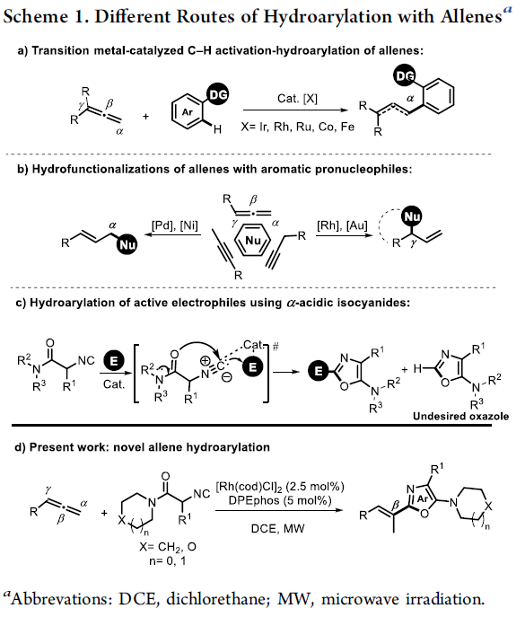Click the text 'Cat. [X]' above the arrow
pos(297,99)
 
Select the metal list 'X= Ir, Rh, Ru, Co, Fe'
pos(298,127)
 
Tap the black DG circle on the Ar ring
pos(218,95)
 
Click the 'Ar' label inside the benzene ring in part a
pos(188,112)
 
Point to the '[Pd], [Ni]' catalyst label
pos(175,225)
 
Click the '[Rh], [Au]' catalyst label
pos(343,225)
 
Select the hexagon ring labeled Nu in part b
pos(252,240)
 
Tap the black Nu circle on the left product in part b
pos(127,245)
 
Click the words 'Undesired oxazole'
pos(460,417)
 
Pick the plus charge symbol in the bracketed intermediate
pos(205,360)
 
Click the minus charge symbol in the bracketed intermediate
pos(227,377)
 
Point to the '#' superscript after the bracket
pos(276,347)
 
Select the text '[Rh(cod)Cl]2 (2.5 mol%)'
pos(280,487)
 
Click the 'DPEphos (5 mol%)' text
pos(280,500)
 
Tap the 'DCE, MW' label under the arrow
pos(277,528)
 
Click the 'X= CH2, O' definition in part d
pos(168,547)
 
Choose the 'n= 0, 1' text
pos(168,560)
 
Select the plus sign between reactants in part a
pos(146,117)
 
